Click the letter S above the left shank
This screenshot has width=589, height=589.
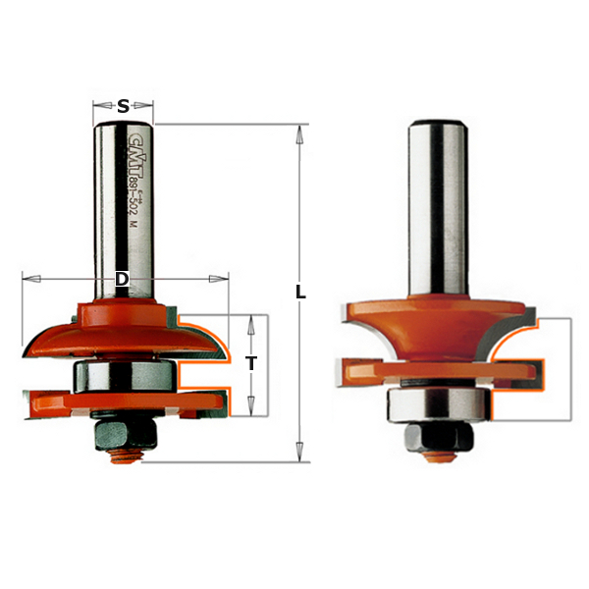point(123,106)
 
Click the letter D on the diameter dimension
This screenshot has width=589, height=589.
point(122,280)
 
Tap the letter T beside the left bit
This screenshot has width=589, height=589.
point(251,363)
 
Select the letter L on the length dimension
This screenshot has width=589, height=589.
point(300,293)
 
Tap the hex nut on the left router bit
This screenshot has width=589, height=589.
point(122,432)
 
